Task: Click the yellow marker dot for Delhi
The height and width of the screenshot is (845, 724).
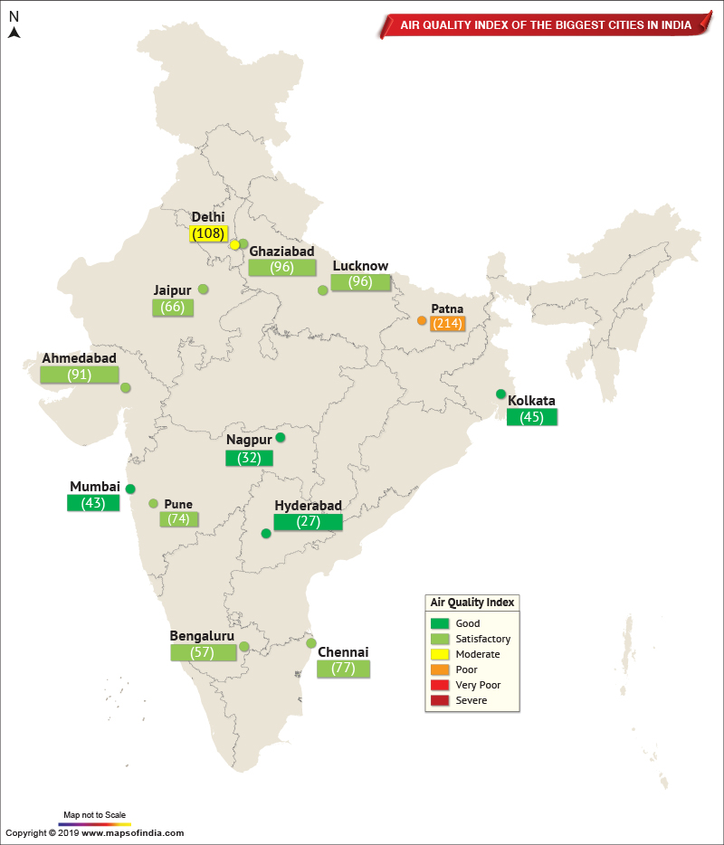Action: [234, 245]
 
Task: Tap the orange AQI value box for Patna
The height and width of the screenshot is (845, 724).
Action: [446, 323]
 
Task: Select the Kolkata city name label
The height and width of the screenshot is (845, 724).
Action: [531, 400]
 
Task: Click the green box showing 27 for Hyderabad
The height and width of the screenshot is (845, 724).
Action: [308, 522]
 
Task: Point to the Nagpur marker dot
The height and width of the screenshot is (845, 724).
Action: [281, 438]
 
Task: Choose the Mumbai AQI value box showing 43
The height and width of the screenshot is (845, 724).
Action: [93, 503]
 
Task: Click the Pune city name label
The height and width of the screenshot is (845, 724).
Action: [178, 504]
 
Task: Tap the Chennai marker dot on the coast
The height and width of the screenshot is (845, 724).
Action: [311, 643]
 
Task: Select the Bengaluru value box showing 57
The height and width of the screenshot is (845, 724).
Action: [202, 652]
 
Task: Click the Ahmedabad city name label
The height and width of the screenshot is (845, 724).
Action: [79, 358]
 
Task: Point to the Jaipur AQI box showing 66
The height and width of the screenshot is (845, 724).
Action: [172, 308]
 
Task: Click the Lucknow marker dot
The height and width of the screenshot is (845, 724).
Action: [323, 290]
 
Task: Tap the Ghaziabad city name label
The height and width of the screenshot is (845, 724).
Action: [281, 251]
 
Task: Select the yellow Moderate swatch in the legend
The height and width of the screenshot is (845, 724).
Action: [440, 654]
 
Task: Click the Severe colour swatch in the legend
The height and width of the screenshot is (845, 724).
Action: [440, 700]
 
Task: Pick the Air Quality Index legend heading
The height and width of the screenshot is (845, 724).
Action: [472, 603]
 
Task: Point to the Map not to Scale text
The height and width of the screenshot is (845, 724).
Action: [94, 814]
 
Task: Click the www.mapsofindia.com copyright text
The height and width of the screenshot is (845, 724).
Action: [94, 832]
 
